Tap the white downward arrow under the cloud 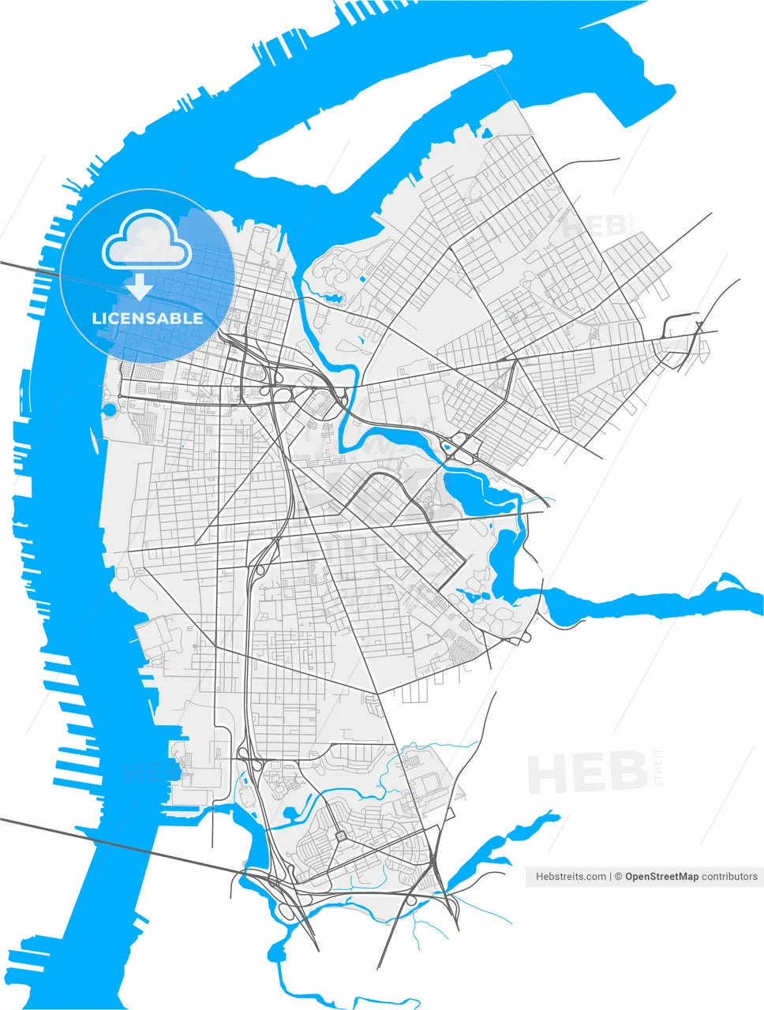pos(140,287)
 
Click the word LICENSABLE pos(147,319)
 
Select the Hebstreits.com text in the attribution pos(571,876)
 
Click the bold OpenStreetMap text pos(661,876)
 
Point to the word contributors pos(729,876)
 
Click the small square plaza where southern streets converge pos(340,836)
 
